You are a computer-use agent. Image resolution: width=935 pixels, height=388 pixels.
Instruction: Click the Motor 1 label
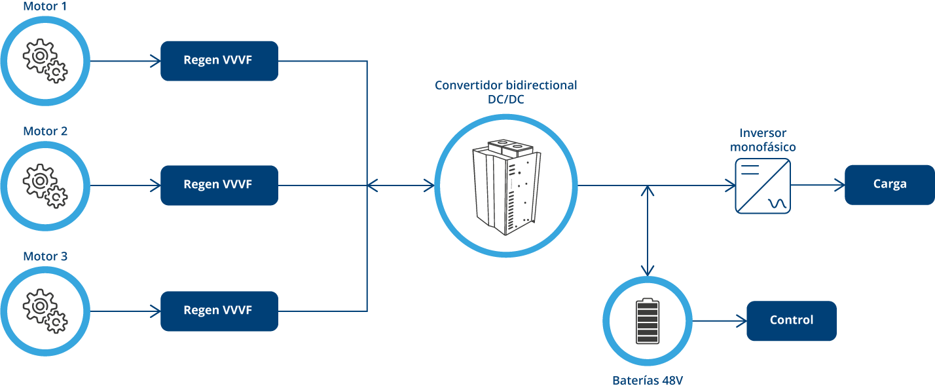45,7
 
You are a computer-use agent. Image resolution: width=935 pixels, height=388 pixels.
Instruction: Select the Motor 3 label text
45,256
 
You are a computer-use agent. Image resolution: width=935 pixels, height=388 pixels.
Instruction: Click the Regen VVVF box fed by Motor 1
219,61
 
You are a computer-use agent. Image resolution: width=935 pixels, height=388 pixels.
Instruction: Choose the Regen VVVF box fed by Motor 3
219,311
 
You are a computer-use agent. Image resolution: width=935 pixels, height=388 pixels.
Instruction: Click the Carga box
889,185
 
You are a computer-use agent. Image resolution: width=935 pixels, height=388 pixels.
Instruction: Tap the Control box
791,321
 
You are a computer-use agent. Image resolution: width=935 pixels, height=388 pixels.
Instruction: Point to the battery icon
648,321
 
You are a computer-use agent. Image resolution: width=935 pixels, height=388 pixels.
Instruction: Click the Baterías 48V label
647,381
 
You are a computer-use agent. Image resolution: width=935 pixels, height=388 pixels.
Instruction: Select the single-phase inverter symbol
762,185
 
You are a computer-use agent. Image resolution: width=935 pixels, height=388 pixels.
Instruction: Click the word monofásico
763,147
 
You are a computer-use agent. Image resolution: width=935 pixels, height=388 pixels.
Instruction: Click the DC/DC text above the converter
505,99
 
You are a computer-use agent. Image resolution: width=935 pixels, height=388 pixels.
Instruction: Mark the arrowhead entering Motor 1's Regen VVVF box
155,61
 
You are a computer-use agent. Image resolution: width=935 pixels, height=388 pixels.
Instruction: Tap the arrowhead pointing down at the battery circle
648,269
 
